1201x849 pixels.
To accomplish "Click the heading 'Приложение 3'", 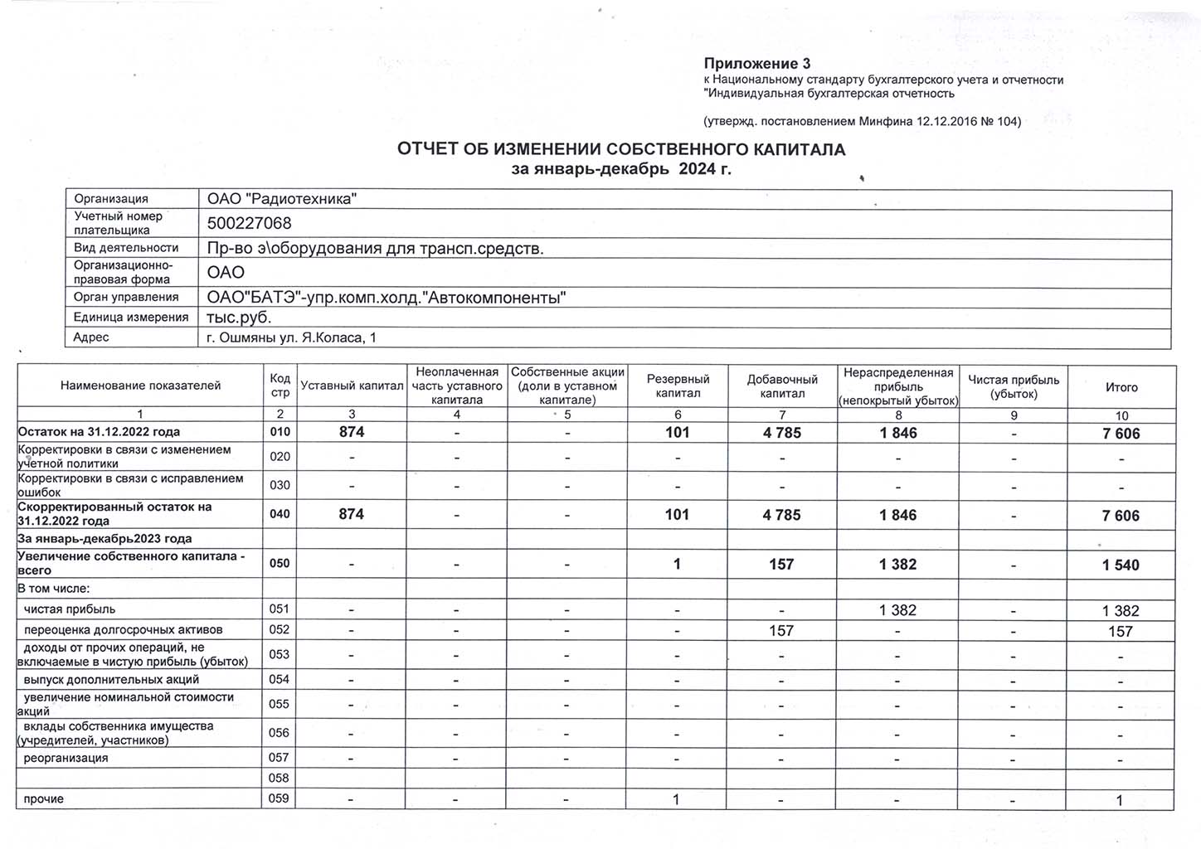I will point(757,64).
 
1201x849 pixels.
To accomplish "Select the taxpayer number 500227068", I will point(249,224).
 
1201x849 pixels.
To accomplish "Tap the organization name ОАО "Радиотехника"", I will point(282,199).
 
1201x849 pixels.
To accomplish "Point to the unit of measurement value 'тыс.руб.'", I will point(239,318).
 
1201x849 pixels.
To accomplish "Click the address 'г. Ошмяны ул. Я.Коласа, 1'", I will point(291,337).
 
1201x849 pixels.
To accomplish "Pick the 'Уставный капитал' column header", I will point(352,386).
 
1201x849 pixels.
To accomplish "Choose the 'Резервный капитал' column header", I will point(678,386).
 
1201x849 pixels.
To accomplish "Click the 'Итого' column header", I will point(1121,387).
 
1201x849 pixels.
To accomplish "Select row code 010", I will point(280,432).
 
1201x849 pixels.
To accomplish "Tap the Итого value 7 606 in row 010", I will point(1121,434).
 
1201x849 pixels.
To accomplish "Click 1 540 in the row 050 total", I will point(1121,565).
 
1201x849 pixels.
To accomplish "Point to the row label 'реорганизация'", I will point(66,758).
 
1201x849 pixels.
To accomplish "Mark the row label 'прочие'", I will point(43,799).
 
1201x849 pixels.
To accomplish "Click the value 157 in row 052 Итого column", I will point(1121,632).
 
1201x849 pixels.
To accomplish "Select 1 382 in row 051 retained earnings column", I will point(898,610).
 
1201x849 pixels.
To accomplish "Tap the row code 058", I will point(280,778).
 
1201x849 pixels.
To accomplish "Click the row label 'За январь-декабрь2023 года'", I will point(105,539).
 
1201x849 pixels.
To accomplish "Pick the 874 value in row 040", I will point(352,514).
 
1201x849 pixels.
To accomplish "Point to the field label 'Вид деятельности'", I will point(126,248).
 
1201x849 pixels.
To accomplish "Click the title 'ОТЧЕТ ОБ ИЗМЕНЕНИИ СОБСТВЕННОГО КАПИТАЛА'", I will point(621,150).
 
